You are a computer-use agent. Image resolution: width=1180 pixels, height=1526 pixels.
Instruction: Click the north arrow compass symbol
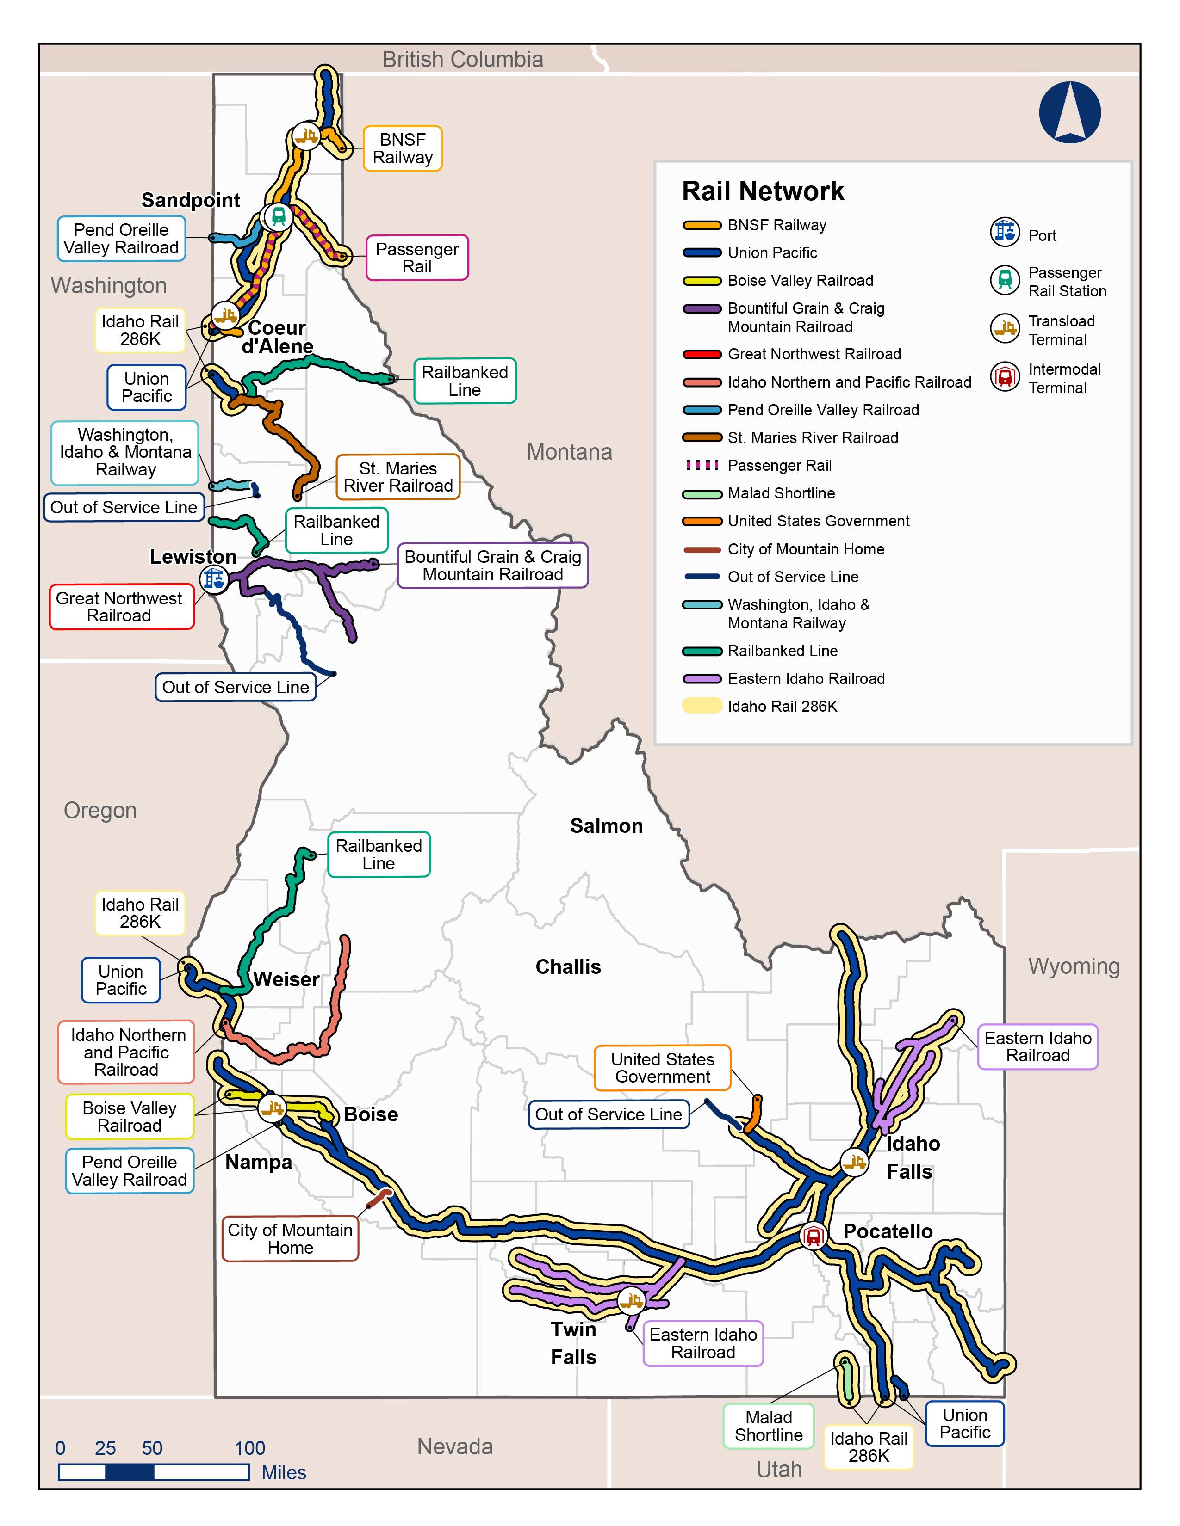[x=1069, y=112]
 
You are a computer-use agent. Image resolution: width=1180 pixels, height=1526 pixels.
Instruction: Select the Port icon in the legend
[x=1005, y=232]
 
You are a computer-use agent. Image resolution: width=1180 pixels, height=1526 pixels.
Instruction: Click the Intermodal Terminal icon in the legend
[x=1005, y=377]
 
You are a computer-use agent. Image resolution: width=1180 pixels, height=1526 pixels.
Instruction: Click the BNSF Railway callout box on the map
[x=402, y=148]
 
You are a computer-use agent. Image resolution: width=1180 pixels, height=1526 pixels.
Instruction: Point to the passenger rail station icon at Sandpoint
[x=278, y=216]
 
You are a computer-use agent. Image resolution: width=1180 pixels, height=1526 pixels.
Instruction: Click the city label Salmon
[x=606, y=826]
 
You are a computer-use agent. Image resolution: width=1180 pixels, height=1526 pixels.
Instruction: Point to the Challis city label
[x=568, y=967]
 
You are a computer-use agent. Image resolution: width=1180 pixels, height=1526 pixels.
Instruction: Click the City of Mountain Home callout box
[x=290, y=1239]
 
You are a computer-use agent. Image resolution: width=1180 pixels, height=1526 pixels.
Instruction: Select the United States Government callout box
[x=662, y=1068]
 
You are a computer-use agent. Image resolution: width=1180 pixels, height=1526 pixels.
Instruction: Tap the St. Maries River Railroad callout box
[x=398, y=477]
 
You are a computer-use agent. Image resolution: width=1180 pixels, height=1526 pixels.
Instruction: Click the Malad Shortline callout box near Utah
[x=768, y=1426]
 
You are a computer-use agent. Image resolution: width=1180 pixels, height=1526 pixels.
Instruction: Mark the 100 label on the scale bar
[x=249, y=1448]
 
